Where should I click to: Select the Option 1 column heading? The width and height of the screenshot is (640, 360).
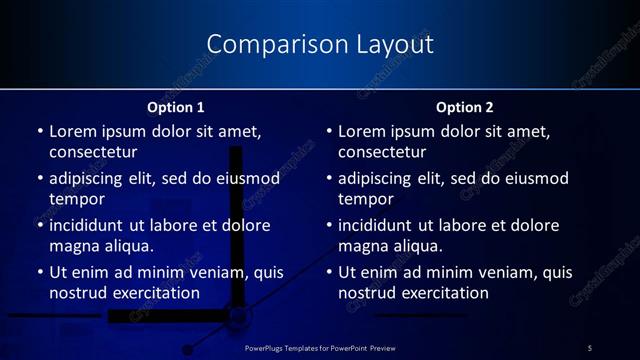point(176,107)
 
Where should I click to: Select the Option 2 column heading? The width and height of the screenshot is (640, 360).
point(465,107)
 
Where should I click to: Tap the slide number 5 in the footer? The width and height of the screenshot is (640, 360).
point(590,347)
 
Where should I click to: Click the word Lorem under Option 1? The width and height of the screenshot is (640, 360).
point(72,131)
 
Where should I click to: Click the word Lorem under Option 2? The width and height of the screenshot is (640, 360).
point(361,131)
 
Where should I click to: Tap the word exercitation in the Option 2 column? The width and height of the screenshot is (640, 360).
point(445,293)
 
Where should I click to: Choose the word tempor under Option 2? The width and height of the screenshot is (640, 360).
point(362,199)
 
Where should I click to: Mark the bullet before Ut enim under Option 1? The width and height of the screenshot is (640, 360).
point(40,272)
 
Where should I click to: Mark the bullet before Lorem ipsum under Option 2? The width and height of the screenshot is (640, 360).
point(329,131)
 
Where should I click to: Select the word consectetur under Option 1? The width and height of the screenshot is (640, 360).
point(93,152)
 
